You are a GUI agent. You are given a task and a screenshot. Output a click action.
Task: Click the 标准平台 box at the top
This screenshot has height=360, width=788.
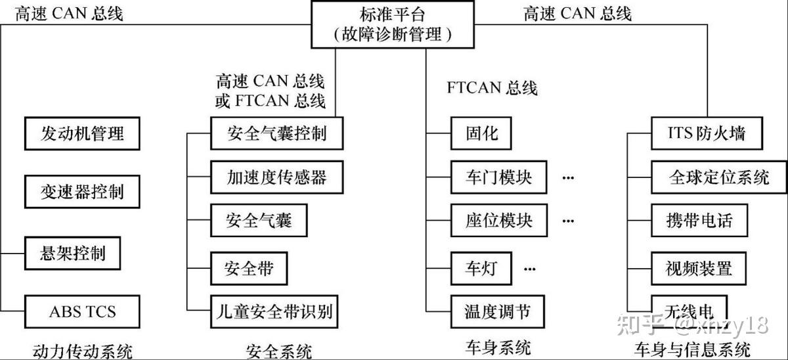[393, 24]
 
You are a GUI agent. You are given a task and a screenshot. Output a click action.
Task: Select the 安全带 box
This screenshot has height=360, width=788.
[249, 268]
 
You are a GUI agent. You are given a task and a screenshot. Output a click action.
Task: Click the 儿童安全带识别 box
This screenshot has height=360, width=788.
[274, 311]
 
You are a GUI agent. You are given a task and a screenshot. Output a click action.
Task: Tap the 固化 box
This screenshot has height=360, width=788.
[481, 134]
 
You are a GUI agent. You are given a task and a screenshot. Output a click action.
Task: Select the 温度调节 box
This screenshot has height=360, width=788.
[498, 311]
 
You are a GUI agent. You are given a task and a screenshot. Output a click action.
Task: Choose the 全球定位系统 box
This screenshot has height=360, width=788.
[718, 177]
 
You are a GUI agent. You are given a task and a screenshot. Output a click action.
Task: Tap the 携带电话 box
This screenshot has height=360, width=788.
[699, 221]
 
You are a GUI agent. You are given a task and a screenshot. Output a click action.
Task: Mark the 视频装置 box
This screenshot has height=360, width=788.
[699, 268]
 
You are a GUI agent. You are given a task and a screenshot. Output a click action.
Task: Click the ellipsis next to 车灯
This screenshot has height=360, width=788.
[531, 268]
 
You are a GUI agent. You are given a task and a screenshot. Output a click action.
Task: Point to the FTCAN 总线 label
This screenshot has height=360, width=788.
[492, 87]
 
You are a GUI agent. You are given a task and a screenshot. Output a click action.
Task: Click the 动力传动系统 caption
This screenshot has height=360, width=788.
[82, 350]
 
